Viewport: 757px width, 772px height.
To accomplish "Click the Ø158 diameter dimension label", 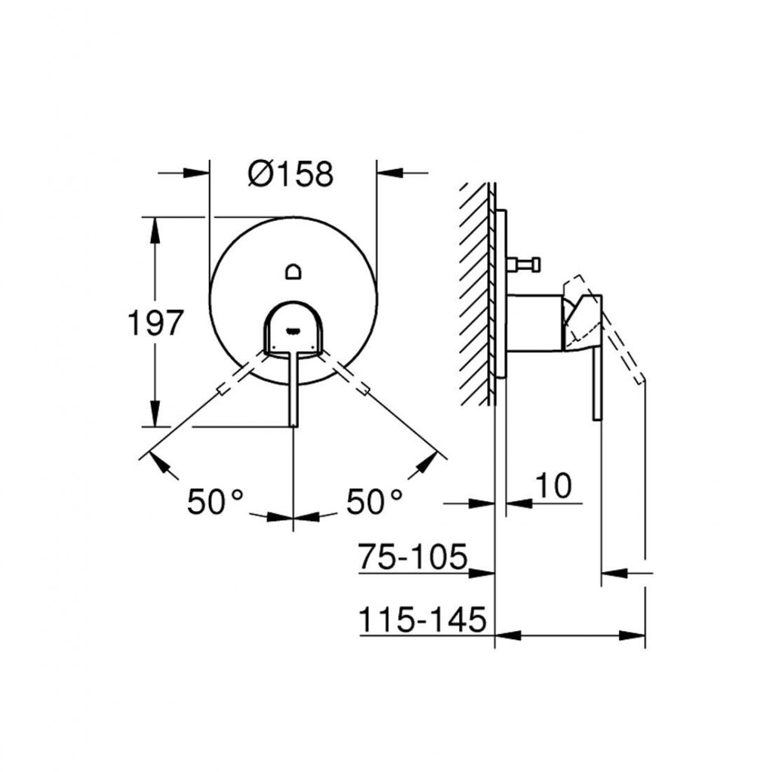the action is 290,174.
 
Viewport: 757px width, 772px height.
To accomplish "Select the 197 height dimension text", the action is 155,323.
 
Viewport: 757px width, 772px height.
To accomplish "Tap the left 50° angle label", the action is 215,501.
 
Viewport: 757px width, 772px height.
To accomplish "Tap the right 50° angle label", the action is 374,501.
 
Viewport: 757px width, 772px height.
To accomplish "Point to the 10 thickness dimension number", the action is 553,486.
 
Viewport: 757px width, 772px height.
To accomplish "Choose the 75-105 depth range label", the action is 412,556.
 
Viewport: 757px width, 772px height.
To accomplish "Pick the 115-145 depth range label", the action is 422,619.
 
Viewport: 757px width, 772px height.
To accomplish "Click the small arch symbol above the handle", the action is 294,271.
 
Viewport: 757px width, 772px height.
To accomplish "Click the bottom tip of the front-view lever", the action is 293,425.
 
